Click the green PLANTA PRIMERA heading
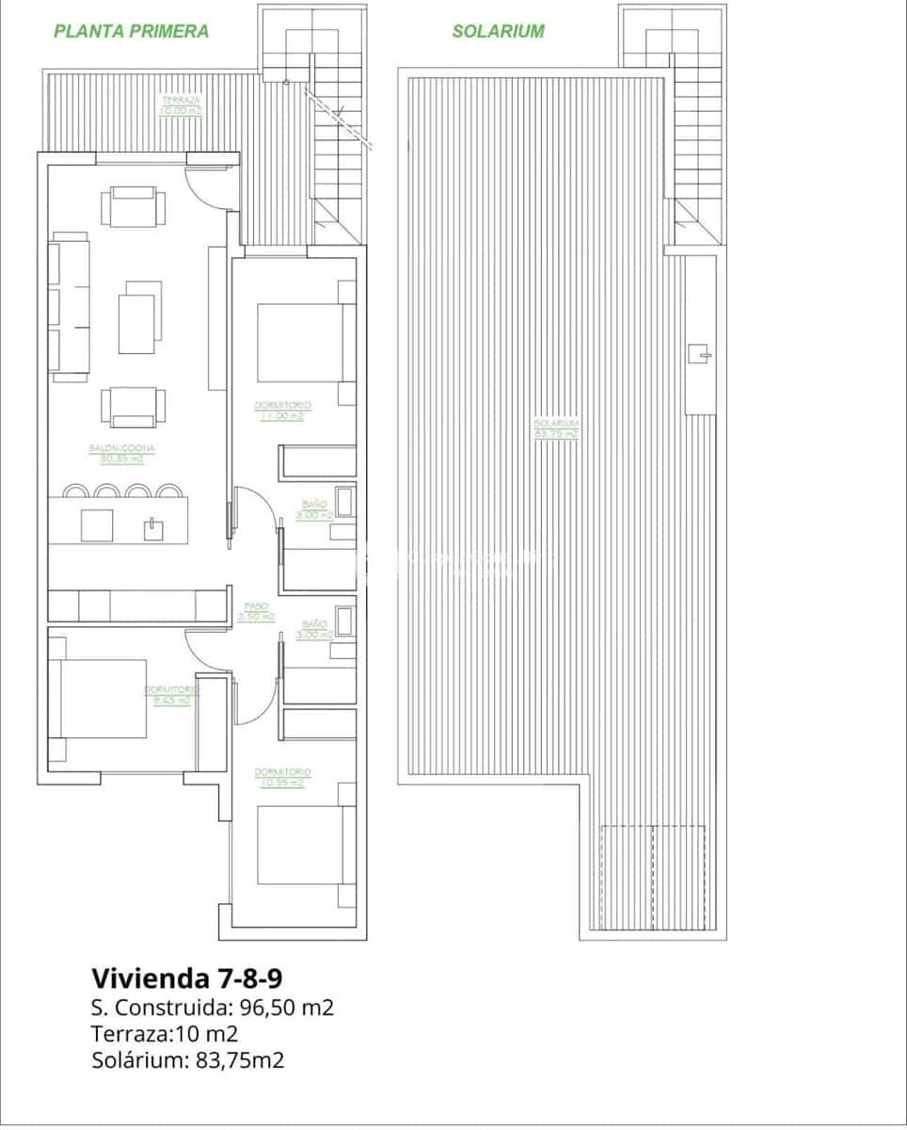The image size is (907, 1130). [x=131, y=31]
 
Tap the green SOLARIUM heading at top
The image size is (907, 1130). [x=498, y=31]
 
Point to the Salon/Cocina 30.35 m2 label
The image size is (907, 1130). [x=122, y=454]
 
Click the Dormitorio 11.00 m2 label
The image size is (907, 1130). [x=282, y=411]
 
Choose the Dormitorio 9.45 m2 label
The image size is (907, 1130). [x=168, y=695]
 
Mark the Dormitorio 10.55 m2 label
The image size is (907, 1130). [x=282, y=777]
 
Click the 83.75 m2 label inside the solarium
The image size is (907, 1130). [x=556, y=434]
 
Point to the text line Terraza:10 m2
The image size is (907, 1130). [x=165, y=1034]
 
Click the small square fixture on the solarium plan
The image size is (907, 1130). [x=699, y=354]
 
